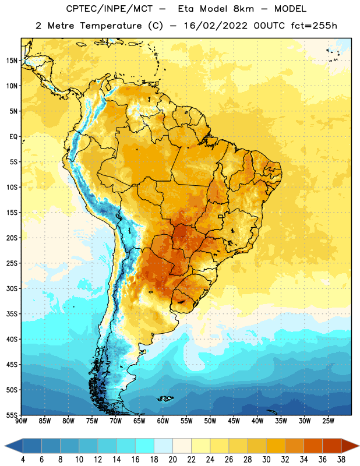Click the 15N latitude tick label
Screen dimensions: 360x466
click(12, 61)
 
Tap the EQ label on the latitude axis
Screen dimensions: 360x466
click(13, 137)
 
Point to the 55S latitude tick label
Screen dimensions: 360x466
click(12, 415)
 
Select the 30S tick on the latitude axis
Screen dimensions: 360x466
click(12, 288)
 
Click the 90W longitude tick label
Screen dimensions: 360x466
click(21, 421)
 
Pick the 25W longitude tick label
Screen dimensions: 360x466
click(328, 421)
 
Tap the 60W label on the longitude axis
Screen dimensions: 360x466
click(163, 421)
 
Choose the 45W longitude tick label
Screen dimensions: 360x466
click(234, 421)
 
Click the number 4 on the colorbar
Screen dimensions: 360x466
click(23, 460)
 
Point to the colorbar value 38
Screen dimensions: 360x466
click(341, 460)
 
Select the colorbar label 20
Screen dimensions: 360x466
click(172, 460)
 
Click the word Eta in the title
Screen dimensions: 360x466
click(186, 9)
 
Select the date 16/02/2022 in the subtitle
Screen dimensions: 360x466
click(216, 26)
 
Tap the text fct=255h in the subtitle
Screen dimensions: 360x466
click(314, 26)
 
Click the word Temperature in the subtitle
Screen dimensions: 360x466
click(111, 26)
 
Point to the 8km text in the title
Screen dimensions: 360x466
click(243, 9)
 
